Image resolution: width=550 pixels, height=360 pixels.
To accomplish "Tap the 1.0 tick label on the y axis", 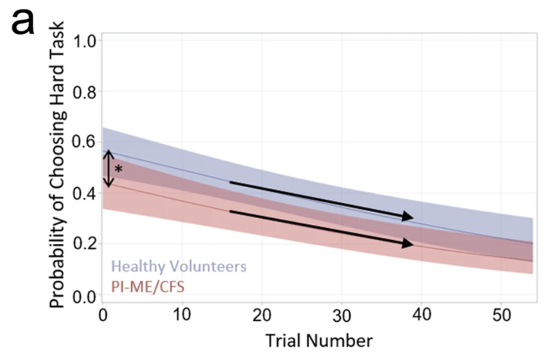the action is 84,41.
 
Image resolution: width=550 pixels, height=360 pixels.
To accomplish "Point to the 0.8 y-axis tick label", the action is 84,93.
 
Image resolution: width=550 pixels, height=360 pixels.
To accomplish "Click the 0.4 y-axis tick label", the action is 84,193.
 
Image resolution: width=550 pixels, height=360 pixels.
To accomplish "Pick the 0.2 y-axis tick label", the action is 84,244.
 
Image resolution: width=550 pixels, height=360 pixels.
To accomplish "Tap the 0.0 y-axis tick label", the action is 84,297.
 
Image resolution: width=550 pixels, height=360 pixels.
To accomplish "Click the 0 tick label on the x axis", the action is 103,315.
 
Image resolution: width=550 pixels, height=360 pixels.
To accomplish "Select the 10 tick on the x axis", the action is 182,314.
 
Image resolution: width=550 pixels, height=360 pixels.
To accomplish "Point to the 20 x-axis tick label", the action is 262,315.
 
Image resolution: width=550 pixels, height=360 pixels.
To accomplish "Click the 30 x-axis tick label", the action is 342,316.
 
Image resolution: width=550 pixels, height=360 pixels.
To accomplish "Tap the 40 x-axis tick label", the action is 422,314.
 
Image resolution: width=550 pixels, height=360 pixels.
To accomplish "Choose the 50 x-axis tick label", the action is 502,315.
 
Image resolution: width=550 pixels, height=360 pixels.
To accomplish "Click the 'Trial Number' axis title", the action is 319,341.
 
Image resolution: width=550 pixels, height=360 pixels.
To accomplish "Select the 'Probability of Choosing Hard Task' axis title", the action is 57,165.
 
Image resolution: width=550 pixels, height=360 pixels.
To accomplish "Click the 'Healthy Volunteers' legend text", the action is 179,266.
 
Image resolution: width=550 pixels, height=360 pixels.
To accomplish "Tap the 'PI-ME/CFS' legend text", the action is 148,287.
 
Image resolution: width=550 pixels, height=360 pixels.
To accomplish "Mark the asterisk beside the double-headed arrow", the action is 119,169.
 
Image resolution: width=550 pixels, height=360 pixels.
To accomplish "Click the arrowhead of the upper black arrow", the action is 408,216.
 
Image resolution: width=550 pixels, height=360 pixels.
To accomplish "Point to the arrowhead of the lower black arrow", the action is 408,243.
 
